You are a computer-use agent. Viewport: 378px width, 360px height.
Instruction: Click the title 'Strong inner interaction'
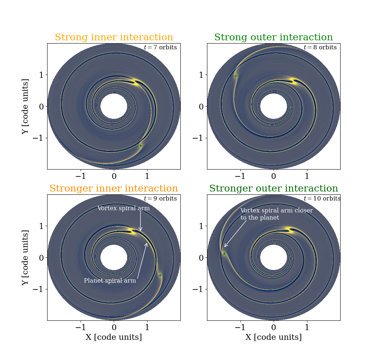click(x=114, y=37)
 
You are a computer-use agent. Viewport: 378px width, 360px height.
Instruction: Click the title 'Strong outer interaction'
click(x=274, y=37)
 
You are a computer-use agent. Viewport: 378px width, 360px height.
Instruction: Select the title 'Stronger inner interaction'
click(x=114, y=189)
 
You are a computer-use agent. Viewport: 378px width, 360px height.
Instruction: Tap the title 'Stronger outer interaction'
click(x=274, y=189)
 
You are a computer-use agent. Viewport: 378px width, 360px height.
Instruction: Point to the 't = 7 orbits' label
click(x=160, y=48)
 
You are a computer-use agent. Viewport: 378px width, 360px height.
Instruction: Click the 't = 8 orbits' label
click(x=320, y=48)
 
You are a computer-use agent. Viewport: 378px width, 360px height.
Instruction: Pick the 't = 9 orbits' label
click(x=160, y=199)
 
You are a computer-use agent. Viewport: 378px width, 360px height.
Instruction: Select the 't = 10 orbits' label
click(x=322, y=199)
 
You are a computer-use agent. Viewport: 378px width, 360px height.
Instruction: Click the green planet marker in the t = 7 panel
click(x=141, y=146)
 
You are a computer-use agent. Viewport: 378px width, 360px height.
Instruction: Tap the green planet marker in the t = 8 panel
click(x=236, y=76)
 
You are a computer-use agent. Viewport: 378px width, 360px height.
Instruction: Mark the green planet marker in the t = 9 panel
click(x=160, y=275)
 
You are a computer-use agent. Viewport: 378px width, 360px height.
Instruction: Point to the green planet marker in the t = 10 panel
click(x=224, y=254)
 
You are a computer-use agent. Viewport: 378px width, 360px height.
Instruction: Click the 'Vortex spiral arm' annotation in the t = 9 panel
click(x=123, y=208)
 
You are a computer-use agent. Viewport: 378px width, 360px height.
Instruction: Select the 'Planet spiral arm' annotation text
click(x=110, y=281)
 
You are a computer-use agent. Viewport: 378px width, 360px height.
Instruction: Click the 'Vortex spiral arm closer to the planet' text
click(x=276, y=214)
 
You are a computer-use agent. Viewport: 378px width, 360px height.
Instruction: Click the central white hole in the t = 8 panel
click(x=274, y=107)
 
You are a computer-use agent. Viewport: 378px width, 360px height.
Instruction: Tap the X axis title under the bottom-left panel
click(x=114, y=337)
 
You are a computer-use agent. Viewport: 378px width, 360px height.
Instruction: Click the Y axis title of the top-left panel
click(x=25, y=106)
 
